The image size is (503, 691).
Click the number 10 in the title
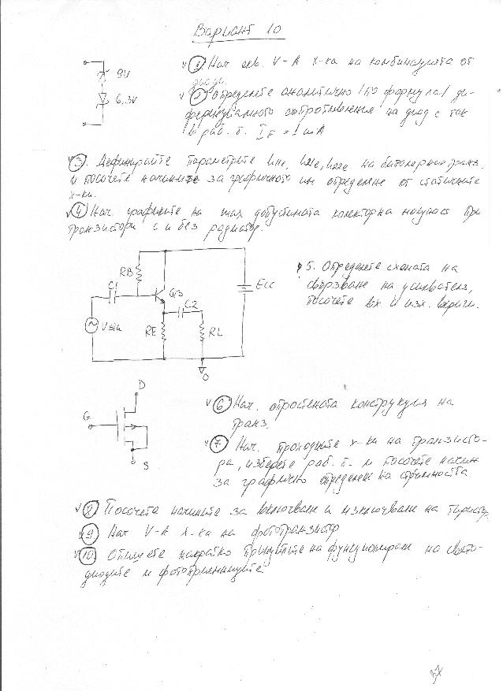click(272, 30)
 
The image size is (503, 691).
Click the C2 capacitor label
click(190, 303)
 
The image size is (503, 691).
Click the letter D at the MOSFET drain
click(142, 385)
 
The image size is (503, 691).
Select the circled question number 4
click(78, 210)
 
